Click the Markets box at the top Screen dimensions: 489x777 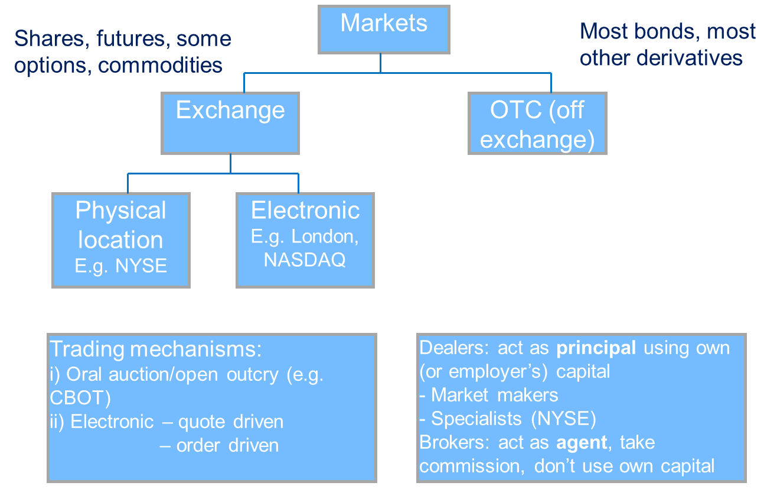tap(384, 29)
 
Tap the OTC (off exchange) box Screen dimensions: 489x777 tap(537, 125)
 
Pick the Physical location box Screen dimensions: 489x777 tap(120, 239)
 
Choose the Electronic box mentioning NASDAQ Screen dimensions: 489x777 tap(305, 239)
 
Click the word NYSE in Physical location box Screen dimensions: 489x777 tap(142, 265)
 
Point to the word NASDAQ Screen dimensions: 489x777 tap(305, 260)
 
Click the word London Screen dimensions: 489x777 tap(324, 237)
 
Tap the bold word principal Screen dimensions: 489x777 tap(596, 348)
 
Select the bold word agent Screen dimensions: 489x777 tap(582, 442)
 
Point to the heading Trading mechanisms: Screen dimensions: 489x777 tap(155, 349)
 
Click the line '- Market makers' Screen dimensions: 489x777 tap(489, 395)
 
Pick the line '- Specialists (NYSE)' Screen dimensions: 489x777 tap(508, 419)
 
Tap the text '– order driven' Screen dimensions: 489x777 tap(219, 445)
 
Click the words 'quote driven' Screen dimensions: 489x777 tap(231, 422)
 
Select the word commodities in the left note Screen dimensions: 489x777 tap(161, 65)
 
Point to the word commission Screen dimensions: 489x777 tap(471, 466)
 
